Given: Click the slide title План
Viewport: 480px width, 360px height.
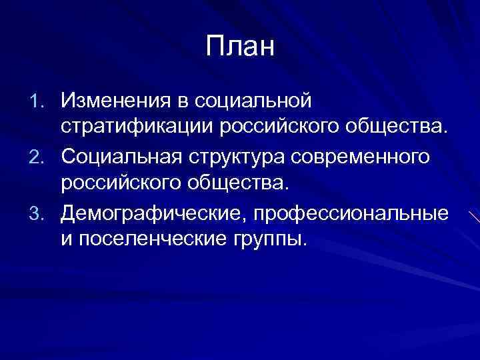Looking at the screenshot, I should [240, 47].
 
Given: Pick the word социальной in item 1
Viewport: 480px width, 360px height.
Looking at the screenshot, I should [253, 101].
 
